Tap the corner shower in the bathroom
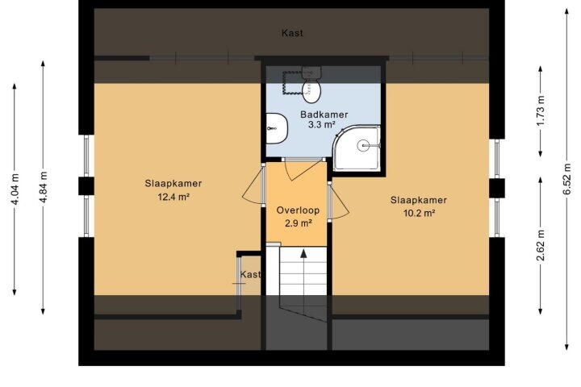coord(357,148)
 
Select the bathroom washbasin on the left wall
coord(277,128)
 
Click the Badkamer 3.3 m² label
coord(324,119)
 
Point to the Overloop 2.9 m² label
coord(298,216)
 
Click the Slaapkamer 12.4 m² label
coord(173,189)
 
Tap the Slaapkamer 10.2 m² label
coord(419,206)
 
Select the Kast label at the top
coord(292,33)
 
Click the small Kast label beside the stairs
coord(250,274)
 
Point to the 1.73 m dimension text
coord(540,110)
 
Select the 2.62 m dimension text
coord(541,245)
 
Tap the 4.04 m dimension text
coord(15,189)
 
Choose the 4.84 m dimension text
coord(43,187)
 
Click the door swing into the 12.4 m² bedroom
coord(253,185)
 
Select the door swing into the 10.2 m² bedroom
coord(338,201)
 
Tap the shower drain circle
coord(363,146)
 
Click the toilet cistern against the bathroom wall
coord(311,73)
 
